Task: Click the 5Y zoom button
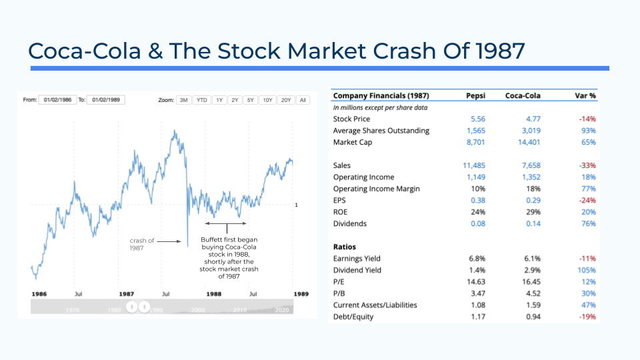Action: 250,100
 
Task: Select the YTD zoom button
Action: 201,100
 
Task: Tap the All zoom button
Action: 303,100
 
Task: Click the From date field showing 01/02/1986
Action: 57,99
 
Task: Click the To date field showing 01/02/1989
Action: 106,99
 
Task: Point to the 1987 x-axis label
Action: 127,294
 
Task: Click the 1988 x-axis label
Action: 214,294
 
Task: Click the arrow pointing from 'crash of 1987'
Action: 169,241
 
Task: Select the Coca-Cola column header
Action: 523,95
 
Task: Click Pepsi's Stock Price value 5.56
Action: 478,119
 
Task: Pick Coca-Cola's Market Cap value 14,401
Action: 529,142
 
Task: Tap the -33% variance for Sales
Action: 587,165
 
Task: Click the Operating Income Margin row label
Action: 376,189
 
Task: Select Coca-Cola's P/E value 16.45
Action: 532,281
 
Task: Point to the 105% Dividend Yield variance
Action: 587,270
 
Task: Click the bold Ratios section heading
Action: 345,247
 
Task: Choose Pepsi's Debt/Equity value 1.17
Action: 478,317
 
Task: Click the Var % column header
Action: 585,95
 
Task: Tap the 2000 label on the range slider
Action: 198,310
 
